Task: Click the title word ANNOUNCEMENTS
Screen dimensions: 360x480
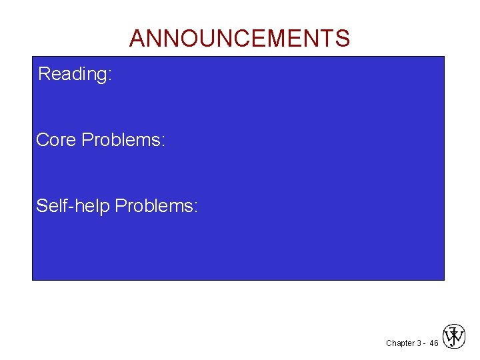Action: click(x=239, y=39)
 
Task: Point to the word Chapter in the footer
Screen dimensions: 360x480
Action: click(x=399, y=343)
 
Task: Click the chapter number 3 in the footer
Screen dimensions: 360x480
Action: click(x=417, y=343)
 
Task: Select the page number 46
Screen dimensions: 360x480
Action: click(x=433, y=343)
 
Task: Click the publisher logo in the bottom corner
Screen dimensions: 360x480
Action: click(x=454, y=337)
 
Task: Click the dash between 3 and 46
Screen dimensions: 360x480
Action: click(x=424, y=344)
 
